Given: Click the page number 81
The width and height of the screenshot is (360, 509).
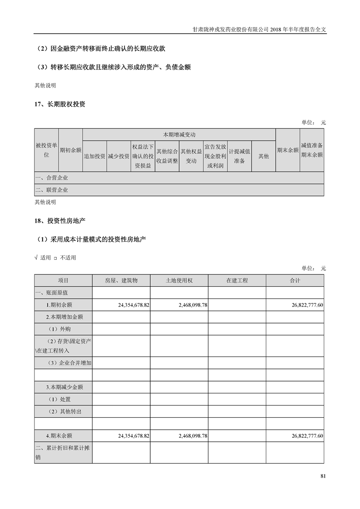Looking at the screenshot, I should [323, 476].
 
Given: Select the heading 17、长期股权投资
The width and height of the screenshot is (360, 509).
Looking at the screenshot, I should [60, 104].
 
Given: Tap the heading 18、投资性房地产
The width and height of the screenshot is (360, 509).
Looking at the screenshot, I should [60, 221].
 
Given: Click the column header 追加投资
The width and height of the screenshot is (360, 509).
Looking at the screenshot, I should [94, 156].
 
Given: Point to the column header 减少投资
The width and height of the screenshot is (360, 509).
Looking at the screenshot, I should [118, 156].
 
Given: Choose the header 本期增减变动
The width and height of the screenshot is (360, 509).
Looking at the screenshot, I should [179, 135].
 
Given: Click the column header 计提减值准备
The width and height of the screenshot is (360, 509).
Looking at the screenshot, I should [239, 156].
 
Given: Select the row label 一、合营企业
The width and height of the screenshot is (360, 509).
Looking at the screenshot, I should [52, 178].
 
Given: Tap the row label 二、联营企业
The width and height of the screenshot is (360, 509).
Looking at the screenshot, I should [52, 190].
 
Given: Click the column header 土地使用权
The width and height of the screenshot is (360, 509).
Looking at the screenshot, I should [179, 281].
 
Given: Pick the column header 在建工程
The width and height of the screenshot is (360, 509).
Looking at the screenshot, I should [237, 281].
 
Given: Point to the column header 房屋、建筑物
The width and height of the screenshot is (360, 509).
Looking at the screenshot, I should [121, 281].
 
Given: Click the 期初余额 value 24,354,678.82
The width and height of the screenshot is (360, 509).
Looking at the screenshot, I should [133, 305].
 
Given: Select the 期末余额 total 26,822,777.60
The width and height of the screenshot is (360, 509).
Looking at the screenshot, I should [307, 436].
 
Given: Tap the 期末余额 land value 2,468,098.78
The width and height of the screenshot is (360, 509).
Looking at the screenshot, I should [191, 436].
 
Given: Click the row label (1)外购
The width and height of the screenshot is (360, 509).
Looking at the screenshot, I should [59, 329].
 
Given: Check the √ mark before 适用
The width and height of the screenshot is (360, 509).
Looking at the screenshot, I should [36, 258].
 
